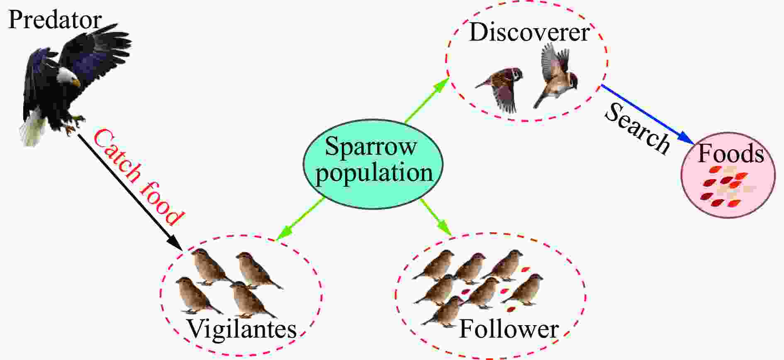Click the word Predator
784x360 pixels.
click(55, 20)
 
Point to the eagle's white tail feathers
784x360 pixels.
click(32, 129)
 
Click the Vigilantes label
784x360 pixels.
click(242, 329)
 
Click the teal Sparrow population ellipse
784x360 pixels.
click(373, 164)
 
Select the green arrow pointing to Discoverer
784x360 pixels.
click(426, 100)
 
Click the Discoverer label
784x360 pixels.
click(529, 32)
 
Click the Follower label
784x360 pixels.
click(509, 330)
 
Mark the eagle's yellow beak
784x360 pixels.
click(76, 83)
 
